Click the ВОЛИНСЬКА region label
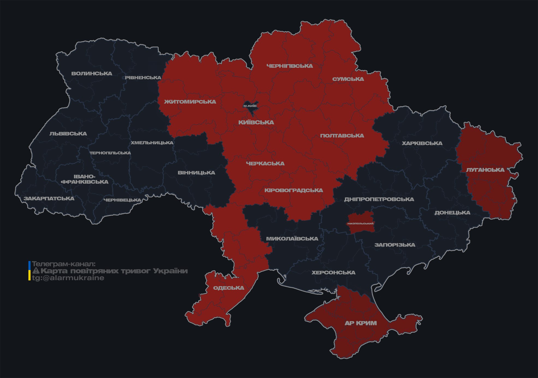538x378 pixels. (x=92, y=74)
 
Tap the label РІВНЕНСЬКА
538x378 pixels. (x=143, y=78)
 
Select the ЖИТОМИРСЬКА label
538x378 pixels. (x=190, y=102)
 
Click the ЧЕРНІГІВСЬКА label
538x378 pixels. (x=290, y=66)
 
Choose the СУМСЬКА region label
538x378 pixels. (x=348, y=79)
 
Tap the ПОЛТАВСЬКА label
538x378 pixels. (x=342, y=136)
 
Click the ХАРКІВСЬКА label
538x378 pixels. (x=422, y=143)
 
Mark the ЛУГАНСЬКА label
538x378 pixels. (x=485, y=170)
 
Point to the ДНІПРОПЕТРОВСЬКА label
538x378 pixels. (x=379, y=199)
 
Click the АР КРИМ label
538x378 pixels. (x=361, y=323)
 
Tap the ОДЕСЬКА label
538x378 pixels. (x=228, y=288)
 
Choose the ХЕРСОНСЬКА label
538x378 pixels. (x=333, y=272)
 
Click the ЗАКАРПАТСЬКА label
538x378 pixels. (x=49, y=198)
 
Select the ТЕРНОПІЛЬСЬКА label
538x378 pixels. (x=110, y=153)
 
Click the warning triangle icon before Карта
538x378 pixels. (x=36, y=271)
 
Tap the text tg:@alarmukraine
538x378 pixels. (x=68, y=278)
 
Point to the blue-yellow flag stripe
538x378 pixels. (x=29, y=271)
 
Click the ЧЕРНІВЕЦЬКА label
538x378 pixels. (x=122, y=200)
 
